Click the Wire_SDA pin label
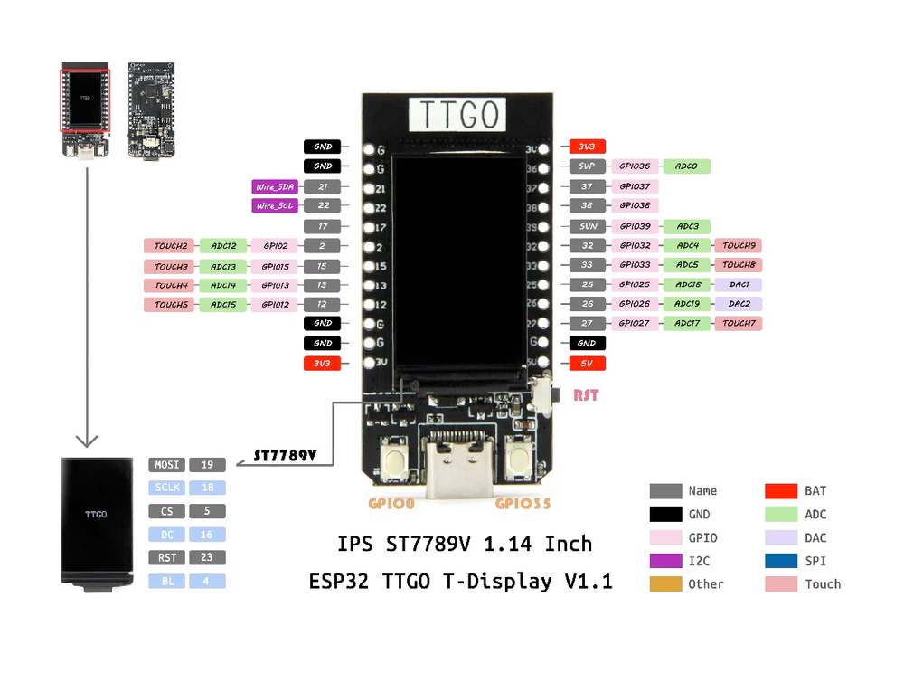(274, 187)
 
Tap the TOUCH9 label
(739, 245)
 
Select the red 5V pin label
(587, 364)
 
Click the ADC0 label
(686, 166)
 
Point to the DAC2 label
(739, 304)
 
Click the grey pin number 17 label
(322, 226)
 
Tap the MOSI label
(168, 465)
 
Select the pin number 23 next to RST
(207, 558)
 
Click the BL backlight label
(168, 582)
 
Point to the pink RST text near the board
(585, 395)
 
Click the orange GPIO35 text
(523, 503)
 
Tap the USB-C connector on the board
(461, 466)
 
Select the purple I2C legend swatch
(665, 561)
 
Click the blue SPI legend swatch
(782, 561)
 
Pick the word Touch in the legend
(823, 584)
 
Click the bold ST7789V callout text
(285, 455)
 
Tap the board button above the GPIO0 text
(396, 459)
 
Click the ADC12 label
(222, 245)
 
